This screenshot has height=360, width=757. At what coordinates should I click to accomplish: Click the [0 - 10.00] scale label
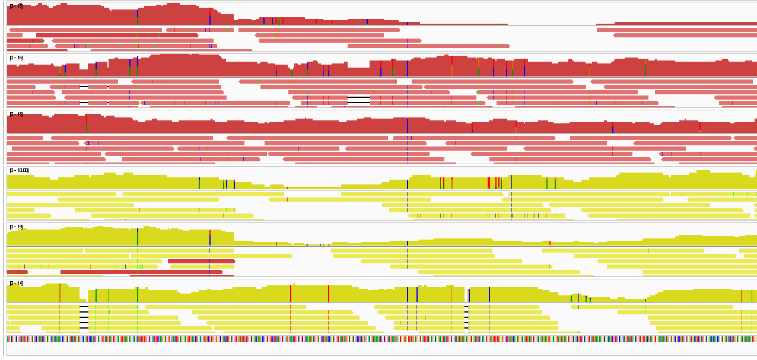(19, 171)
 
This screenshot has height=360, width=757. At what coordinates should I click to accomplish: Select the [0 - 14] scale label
(16, 283)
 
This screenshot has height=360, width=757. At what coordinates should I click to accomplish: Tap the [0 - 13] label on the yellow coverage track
(16, 227)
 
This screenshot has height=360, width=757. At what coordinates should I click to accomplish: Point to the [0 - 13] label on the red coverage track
(16, 7)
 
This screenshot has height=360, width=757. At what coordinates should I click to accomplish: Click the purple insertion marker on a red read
(88, 143)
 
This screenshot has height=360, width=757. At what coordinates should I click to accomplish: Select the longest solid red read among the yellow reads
(141, 272)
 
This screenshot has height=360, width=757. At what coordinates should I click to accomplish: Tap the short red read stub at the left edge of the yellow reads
(17, 272)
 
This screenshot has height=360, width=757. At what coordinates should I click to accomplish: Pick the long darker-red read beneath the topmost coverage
(117, 35)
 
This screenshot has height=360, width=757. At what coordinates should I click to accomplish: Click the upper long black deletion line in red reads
(358, 97)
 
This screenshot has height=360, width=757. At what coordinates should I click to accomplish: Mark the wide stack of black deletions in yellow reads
(84, 317)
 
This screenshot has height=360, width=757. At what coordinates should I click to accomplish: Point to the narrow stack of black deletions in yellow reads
(466, 317)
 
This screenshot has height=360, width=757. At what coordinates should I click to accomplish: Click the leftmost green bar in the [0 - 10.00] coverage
(199, 183)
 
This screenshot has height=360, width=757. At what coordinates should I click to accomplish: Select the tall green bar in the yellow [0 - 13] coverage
(138, 236)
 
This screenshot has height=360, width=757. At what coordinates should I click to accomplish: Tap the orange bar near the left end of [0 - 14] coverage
(60, 293)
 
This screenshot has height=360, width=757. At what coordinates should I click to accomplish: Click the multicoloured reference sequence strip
(380, 339)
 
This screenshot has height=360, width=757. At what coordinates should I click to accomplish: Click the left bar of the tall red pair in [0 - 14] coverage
(291, 293)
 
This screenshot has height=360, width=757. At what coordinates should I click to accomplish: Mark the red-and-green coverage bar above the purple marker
(87, 123)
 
